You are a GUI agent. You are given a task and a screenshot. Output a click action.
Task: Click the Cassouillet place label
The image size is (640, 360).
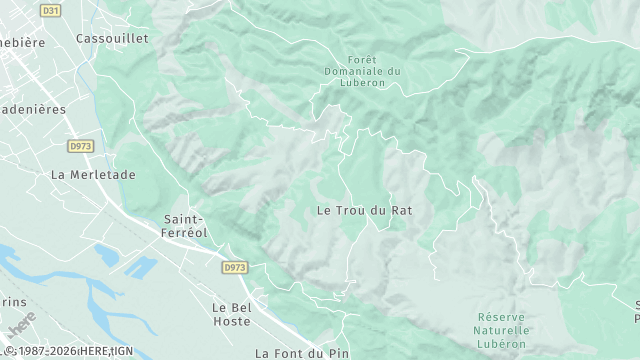(112, 38)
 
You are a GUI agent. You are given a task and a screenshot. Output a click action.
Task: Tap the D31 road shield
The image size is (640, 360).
(50, 10)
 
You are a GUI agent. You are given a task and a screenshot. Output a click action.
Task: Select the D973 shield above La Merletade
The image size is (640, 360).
(81, 146)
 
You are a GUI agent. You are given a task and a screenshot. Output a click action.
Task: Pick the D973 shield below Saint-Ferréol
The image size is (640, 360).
(235, 267)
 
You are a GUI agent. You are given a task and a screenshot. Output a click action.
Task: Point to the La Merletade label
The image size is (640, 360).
(92, 174)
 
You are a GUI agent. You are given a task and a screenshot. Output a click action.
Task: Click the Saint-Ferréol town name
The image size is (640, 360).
(183, 225)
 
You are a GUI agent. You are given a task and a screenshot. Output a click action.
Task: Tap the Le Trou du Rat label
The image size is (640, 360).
(364, 210)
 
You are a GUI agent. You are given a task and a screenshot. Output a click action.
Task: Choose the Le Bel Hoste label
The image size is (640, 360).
(232, 314)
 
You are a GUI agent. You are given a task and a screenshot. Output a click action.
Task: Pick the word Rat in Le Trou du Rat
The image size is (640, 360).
(402, 210)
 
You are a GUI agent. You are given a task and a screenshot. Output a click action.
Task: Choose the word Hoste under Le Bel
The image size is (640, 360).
(232, 321)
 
